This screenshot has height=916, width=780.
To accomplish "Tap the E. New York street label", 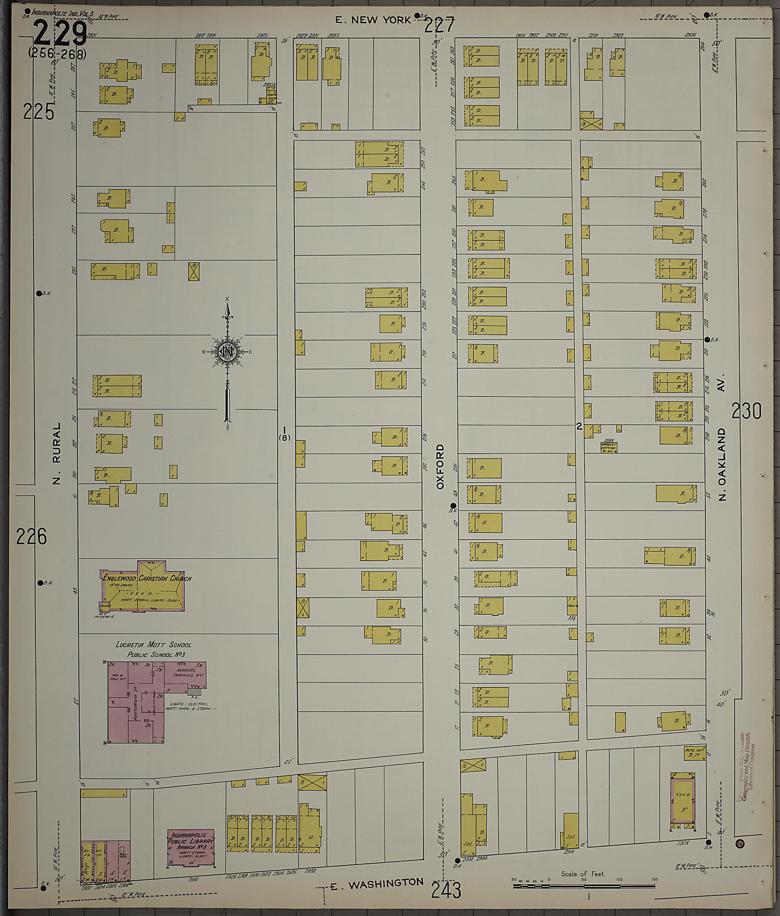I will pyautogui.click(x=373, y=20).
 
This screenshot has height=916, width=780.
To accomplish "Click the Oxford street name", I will pyautogui.click(x=440, y=467).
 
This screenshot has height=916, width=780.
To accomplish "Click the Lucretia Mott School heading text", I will pyautogui.click(x=153, y=644).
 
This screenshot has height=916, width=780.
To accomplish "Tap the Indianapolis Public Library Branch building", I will pyautogui.click(x=190, y=847).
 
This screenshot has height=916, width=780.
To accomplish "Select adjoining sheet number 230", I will pyautogui.click(x=746, y=411).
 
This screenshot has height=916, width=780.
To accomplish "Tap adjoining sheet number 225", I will pyautogui.click(x=38, y=112).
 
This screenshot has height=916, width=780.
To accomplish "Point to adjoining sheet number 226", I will pyautogui.click(x=31, y=537).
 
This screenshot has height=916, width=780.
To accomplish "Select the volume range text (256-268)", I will pyautogui.click(x=57, y=53).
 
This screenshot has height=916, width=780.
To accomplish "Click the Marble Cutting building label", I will pyautogui.click(x=609, y=448).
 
